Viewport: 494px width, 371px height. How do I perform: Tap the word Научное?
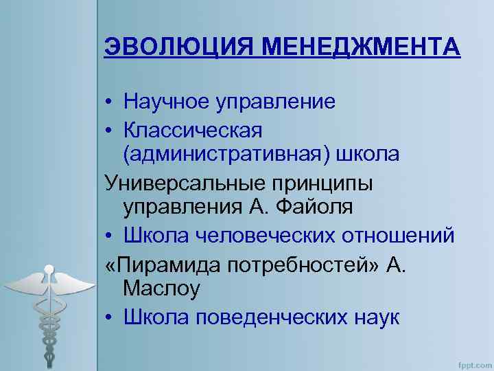click(x=168, y=102)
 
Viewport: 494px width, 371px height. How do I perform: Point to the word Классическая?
click(x=193, y=128)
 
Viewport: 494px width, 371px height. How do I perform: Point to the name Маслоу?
click(x=161, y=289)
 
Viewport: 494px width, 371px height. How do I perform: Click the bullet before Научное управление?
click(x=110, y=103)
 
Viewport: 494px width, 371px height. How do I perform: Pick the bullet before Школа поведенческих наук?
click(x=110, y=318)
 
